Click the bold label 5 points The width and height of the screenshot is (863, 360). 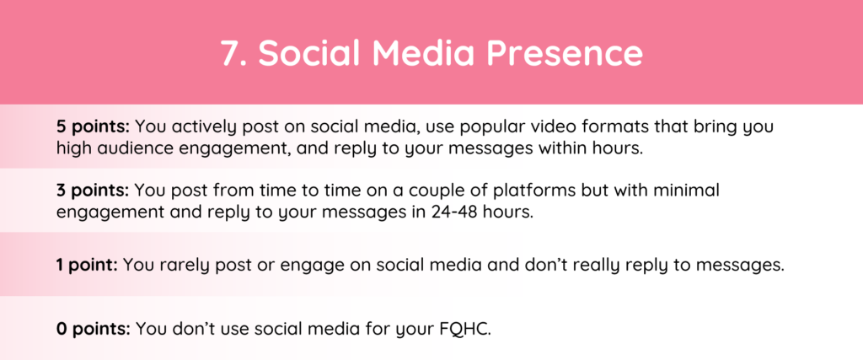pyautogui.click(x=93, y=127)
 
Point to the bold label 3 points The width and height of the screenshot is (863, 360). pyautogui.click(x=93, y=191)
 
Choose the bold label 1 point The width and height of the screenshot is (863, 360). pyautogui.click(x=87, y=265)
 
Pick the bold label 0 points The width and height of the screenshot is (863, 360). pyautogui.click(x=93, y=329)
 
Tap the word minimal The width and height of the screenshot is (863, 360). pyautogui.click(x=689, y=191)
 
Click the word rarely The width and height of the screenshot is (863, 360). pyautogui.click(x=179, y=266)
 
